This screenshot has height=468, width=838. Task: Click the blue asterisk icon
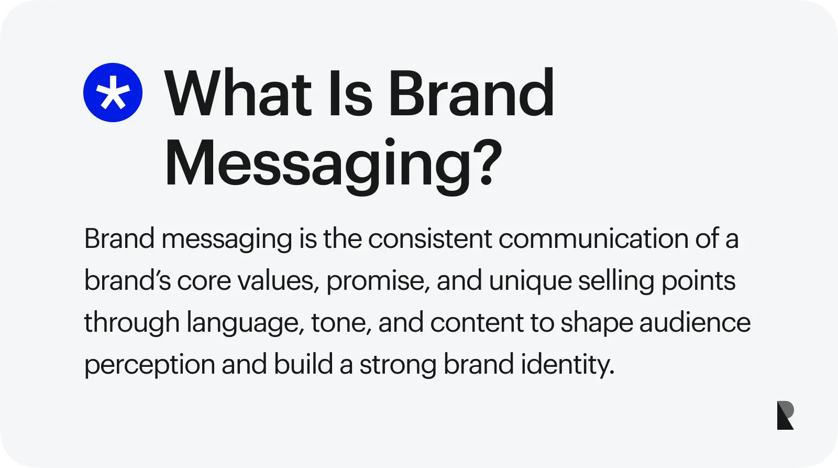(113, 93)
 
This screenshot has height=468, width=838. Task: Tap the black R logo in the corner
(785, 416)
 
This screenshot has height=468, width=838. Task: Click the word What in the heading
(238, 94)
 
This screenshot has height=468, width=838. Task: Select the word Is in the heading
(350, 94)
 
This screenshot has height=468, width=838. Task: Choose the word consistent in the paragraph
(430, 239)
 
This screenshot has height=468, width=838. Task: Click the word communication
(593, 239)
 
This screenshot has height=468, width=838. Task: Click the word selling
(616, 281)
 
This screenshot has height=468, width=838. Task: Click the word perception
(149, 365)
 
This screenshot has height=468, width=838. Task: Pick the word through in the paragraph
(132, 323)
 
